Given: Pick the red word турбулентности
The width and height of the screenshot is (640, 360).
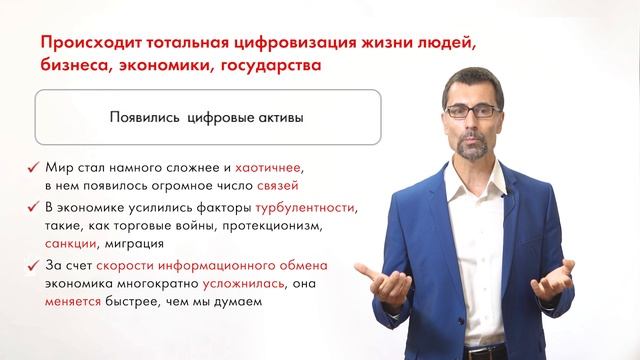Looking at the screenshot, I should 306,207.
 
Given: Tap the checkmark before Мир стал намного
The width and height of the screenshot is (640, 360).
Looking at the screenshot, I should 34,168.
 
